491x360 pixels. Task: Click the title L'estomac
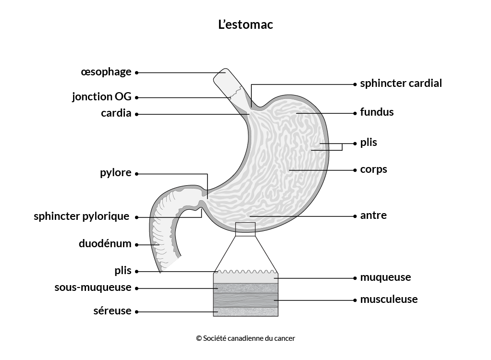click(x=245, y=24)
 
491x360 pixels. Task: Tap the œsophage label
click(x=106, y=72)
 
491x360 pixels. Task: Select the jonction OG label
click(x=102, y=96)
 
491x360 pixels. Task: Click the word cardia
click(x=116, y=113)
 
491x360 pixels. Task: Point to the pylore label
click(x=116, y=173)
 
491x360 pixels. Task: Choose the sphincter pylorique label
click(x=81, y=216)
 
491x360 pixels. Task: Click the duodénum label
click(x=105, y=243)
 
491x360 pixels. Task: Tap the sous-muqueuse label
click(x=93, y=287)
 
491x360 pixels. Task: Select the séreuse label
click(x=112, y=311)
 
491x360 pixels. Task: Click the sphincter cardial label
click(x=401, y=83)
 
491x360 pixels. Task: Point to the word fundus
click(x=377, y=112)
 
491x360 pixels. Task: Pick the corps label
click(x=374, y=169)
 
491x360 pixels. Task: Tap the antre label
click(x=373, y=215)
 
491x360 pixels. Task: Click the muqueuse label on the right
click(x=385, y=277)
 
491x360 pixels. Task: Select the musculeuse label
click(x=389, y=300)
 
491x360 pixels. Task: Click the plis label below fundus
click(x=368, y=143)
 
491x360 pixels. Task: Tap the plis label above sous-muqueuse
click(x=123, y=271)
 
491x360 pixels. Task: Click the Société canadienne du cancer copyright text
click(x=245, y=338)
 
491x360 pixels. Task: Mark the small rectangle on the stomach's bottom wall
click(x=245, y=229)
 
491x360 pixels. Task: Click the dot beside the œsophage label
click(x=136, y=72)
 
